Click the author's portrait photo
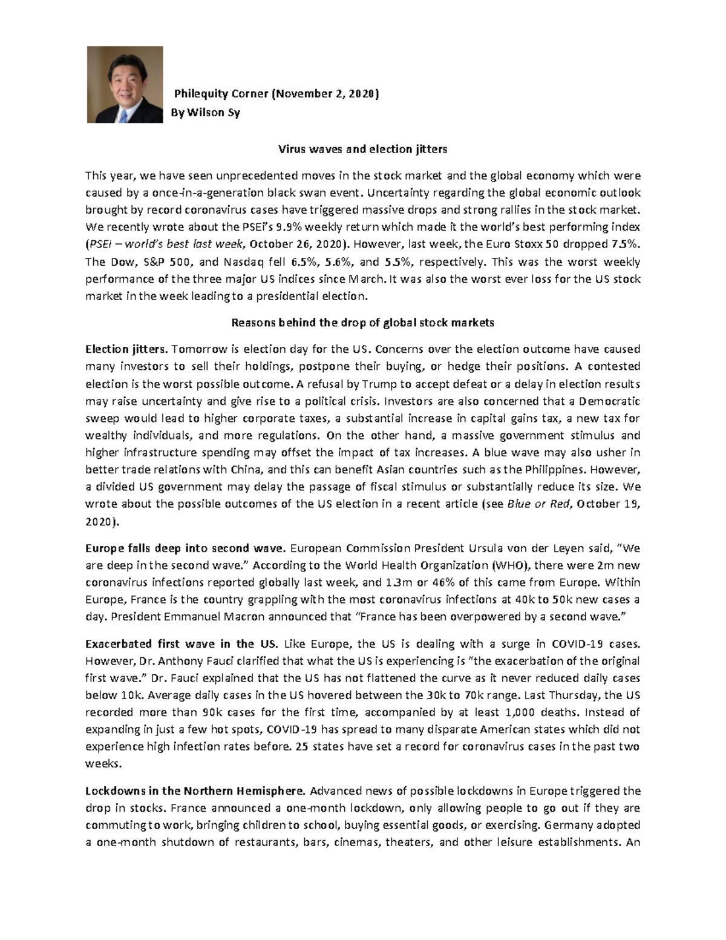(125, 85)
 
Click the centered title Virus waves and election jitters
(362, 149)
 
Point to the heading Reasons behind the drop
(362, 323)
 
